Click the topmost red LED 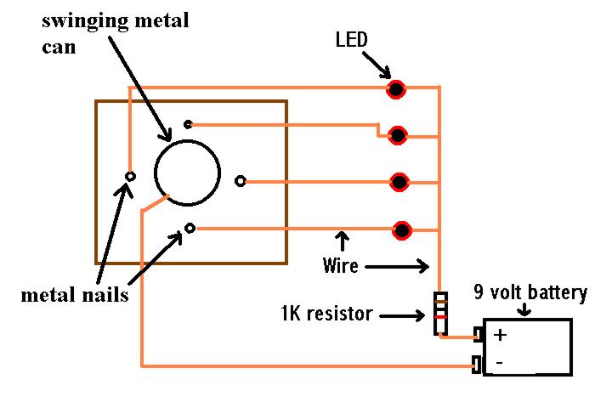pyautogui.click(x=396, y=89)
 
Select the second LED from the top pyautogui.click(x=398, y=135)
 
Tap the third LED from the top pyautogui.click(x=399, y=182)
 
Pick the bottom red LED pyautogui.click(x=401, y=230)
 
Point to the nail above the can pyautogui.click(x=188, y=125)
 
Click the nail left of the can pyautogui.click(x=130, y=176)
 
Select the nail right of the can pyautogui.click(x=241, y=181)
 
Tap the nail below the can pyautogui.click(x=190, y=228)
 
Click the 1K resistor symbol pyautogui.click(x=440, y=313)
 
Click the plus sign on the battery pyautogui.click(x=500, y=335)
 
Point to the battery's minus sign pyautogui.click(x=499, y=363)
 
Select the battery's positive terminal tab pyautogui.click(x=479, y=334)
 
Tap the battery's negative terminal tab pyautogui.click(x=478, y=364)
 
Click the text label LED pyautogui.click(x=351, y=40)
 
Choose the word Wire pyautogui.click(x=340, y=265)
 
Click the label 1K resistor pyautogui.click(x=326, y=313)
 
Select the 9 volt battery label pyautogui.click(x=530, y=292)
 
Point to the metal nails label pyautogui.click(x=75, y=295)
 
